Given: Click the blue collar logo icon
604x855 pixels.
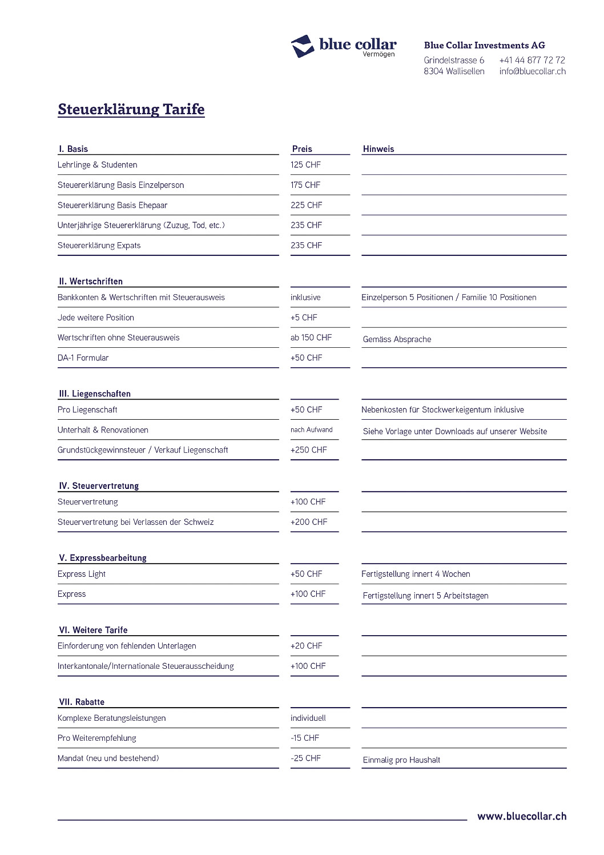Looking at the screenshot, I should (303, 46).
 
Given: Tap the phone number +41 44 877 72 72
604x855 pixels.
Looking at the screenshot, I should (531, 60).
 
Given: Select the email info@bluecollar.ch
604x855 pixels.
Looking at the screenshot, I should (532, 71).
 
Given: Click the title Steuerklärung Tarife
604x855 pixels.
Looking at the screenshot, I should (131, 109).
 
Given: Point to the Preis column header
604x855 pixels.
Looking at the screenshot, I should (302, 149).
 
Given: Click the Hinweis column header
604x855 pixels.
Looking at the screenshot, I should (378, 149).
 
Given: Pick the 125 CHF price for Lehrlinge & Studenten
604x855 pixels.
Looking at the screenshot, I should (305, 165).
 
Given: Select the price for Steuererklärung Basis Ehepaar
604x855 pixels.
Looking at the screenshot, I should (306, 205).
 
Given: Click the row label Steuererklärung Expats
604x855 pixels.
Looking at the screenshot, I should (99, 246).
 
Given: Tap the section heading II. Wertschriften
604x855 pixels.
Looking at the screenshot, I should (91, 282).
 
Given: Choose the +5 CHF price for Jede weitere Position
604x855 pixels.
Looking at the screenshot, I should (304, 318).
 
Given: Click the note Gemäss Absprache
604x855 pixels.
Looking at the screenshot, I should (397, 339).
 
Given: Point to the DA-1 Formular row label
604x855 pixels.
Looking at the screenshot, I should (83, 358).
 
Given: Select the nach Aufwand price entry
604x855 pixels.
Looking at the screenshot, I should (311, 430).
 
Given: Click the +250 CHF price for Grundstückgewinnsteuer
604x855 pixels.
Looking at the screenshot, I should (308, 450).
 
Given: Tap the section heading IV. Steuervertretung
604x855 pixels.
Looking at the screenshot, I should (99, 486).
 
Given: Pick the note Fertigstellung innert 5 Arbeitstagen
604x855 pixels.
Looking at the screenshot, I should (425, 596).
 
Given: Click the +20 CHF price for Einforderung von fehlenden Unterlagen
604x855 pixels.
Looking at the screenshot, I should (306, 646).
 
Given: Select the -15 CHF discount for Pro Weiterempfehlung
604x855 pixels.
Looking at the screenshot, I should (304, 738).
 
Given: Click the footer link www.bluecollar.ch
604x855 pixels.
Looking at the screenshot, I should (522, 816).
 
